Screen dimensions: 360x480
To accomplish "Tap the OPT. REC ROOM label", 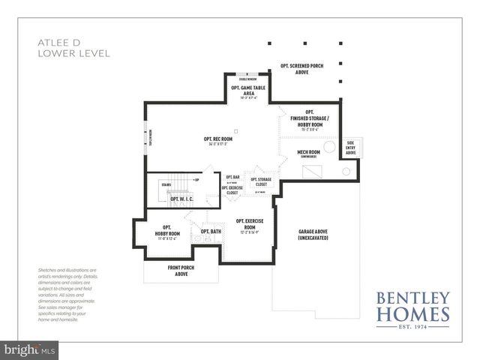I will coord(217,140).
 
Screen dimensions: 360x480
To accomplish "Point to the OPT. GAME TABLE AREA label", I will coord(248,91).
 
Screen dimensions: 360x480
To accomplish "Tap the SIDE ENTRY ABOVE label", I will coord(350,147).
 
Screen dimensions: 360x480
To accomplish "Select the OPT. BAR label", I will coord(232,177).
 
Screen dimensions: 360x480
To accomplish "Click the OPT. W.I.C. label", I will coord(182,199).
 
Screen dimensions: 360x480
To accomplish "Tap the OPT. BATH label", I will coord(211,232).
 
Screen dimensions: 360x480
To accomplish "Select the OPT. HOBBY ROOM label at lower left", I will coord(166,231).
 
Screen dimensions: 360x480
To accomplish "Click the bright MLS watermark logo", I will coord(30,349).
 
